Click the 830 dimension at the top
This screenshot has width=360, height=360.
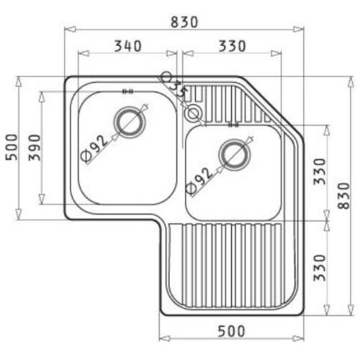click(184, 22)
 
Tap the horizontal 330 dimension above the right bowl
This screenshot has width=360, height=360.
click(231, 46)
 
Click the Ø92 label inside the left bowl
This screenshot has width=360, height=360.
click(94, 145)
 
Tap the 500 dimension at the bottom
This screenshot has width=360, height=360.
click(230, 331)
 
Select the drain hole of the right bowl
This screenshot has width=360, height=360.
click(233, 154)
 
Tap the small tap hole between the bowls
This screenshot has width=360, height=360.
click(193, 113)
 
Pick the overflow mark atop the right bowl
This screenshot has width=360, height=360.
click(232, 124)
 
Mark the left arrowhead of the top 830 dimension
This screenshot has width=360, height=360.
click(67, 30)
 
